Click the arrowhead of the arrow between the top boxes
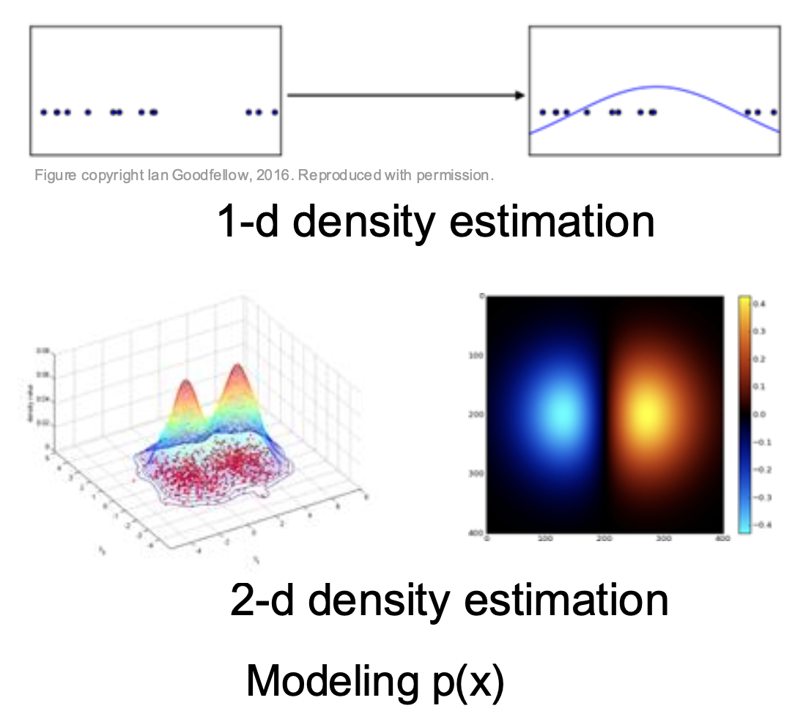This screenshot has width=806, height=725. click(520, 95)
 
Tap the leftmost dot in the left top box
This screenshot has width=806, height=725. click(43, 112)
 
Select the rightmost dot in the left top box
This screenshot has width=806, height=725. click(275, 112)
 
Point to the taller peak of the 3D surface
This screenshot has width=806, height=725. click(237, 366)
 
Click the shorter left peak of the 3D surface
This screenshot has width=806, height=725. click(185, 382)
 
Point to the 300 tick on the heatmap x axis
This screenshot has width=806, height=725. click(663, 539)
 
